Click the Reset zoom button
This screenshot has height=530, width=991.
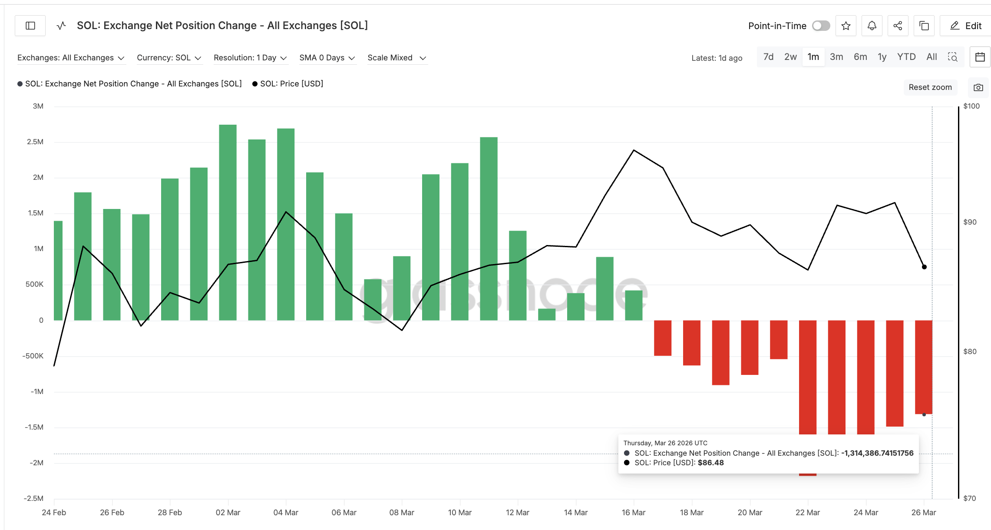tap(930, 87)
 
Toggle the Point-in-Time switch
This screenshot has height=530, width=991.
tap(821, 26)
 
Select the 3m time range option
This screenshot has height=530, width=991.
tap(836, 57)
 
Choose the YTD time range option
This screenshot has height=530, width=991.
tap(906, 57)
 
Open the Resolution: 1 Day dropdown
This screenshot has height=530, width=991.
tap(250, 58)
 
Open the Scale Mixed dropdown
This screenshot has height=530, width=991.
tap(396, 58)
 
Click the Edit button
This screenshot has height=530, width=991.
tap(966, 26)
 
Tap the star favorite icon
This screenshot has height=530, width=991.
tap(846, 26)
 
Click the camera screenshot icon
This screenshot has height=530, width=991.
tap(978, 87)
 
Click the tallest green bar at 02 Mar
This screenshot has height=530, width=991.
tap(228, 222)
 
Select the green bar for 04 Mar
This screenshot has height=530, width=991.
tap(286, 224)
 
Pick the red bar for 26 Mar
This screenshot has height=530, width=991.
tap(923, 367)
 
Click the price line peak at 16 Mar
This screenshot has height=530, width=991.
tap(634, 150)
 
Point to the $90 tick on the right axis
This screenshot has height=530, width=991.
tap(970, 222)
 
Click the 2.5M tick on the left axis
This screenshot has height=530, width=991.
tap(35, 142)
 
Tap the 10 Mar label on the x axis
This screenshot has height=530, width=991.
tap(459, 513)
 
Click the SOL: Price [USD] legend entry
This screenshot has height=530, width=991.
tap(291, 84)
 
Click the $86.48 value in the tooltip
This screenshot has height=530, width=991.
tap(710, 463)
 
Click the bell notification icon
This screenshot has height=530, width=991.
tap(872, 26)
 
